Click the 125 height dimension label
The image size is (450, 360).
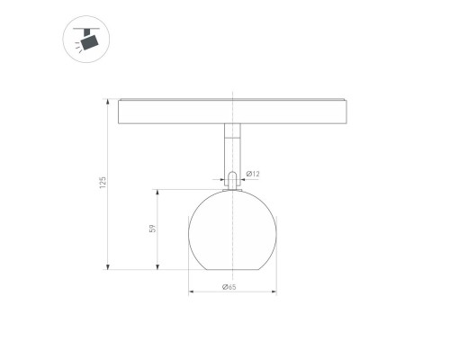[103, 183]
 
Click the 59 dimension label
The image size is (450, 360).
[154, 229]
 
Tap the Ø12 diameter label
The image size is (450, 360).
[255, 173]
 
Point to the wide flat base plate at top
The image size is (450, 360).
[232, 112]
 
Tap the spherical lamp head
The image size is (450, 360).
[232, 229]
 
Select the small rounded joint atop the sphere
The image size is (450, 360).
[232, 180]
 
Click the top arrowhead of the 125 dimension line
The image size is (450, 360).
[108, 100]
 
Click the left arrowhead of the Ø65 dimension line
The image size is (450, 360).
[190, 292]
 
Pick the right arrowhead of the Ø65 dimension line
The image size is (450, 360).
[274, 292]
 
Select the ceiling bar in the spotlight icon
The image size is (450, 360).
[85, 29]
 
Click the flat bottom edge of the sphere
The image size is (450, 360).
[232, 269]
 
